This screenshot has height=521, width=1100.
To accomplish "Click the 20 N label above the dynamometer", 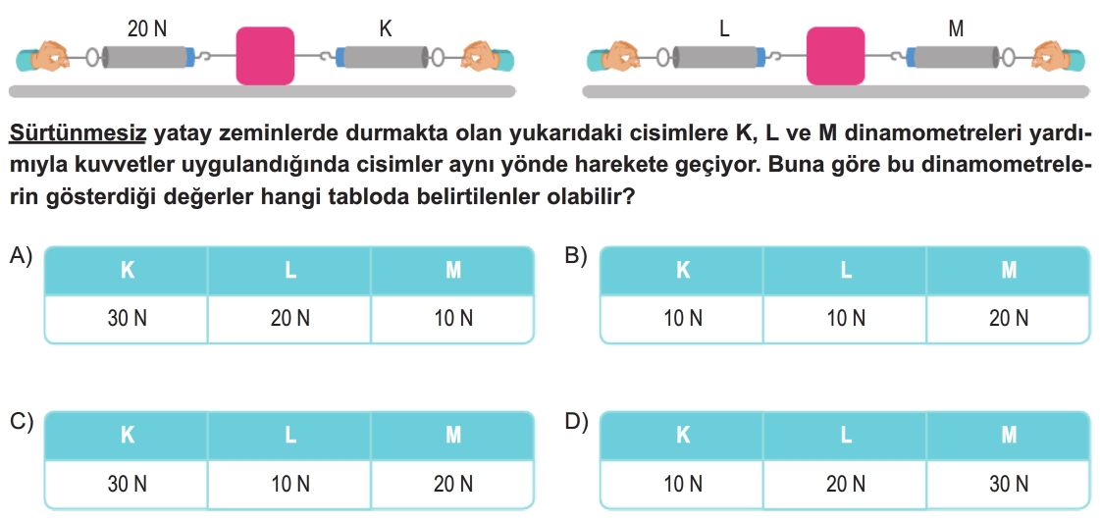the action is tap(147, 28).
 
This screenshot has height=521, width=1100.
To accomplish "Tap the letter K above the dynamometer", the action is tap(385, 28).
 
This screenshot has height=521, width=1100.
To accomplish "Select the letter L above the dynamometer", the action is tap(725, 28).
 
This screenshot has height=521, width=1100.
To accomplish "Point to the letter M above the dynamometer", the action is tap(955, 28).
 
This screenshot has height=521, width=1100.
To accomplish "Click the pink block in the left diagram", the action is tap(265, 55).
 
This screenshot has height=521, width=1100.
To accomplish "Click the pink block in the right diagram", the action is tap(835, 55).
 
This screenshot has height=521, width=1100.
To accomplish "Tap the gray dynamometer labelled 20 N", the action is tap(148, 57).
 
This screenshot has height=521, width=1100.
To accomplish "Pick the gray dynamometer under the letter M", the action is tap(954, 57).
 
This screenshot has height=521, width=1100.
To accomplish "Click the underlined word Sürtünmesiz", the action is tap(78, 133).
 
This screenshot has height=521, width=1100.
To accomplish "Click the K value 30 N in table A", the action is tap(127, 319).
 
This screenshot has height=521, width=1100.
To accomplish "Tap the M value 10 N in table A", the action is tap(453, 319).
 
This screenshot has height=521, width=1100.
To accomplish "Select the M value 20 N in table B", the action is tap(1009, 319).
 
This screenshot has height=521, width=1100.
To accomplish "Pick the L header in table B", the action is tap(846, 270).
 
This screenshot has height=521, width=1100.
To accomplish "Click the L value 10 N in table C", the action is tap(289, 484).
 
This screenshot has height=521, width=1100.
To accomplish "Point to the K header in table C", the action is tap(127, 436).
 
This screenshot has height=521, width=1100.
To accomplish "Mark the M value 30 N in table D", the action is tap(1009, 484).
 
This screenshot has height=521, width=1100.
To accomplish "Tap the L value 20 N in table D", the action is tap(846, 484).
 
